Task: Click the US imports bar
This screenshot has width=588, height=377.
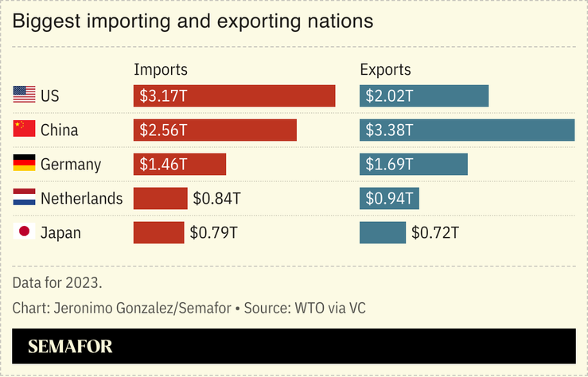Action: click(234, 95)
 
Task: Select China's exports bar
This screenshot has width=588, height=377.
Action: click(466, 130)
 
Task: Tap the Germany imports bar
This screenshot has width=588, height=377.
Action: click(180, 164)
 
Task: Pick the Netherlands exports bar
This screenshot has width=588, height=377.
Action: click(389, 198)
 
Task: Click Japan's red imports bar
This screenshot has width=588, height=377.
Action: click(158, 232)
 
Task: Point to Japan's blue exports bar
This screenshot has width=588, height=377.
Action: click(383, 232)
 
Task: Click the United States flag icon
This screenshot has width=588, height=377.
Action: click(25, 95)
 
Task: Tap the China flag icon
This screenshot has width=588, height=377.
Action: click(25, 130)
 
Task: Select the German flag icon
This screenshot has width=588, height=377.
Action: click(25, 164)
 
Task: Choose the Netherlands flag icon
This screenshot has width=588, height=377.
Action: click(25, 198)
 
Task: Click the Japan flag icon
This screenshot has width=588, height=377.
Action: click(25, 232)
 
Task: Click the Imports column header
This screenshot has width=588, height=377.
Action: click(161, 69)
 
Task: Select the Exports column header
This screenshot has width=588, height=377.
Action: click(387, 69)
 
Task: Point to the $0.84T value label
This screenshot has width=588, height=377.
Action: click(217, 198)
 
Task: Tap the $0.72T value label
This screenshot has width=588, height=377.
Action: click(435, 232)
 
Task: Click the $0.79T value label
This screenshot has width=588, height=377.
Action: click(213, 232)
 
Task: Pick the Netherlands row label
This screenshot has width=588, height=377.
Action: click(82, 198)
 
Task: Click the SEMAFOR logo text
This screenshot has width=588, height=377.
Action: click(70, 346)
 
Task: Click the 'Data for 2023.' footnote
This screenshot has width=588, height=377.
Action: click(57, 282)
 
